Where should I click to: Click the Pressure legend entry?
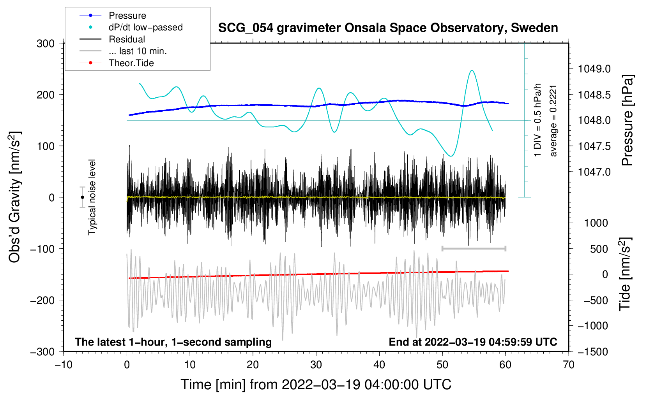pyautogui.click(x=113, y=15)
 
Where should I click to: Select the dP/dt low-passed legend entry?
pyautogui.click(x=131, y=27)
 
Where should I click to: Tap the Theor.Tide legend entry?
pyautogui.click(x=117, y=63)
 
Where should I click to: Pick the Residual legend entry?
pyautogui.click(x=112, y=39)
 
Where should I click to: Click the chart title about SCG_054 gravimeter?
pyautogui.click(x=388, y=28)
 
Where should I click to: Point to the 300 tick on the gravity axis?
pyautogui.click(x=46, y=44)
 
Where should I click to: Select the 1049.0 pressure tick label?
pyautogui.click(x=594, y=69)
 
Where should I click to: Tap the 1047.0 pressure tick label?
pyautogui.click(x=594, y=172)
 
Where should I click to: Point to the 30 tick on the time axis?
pyautogui.click(x=316, y=365)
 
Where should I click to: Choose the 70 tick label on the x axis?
pyautogui.click(x=568, y=365)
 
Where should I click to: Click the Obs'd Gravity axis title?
pyautogui.click(x=15, y=197)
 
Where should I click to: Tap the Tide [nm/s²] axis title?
pyautogui.click(x=625, y=274)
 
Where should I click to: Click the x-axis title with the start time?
pyautogui.click(x=316, y=385)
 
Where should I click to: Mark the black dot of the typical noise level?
pyautogui.click(x=82, y=197)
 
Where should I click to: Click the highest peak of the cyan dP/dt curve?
pyautogui.click(x=472, y=70)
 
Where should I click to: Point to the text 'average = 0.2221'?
pyautogui.click(x=553, y=121)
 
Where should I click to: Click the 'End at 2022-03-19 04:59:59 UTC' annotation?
pyautogui.click(x=473, y=342)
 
